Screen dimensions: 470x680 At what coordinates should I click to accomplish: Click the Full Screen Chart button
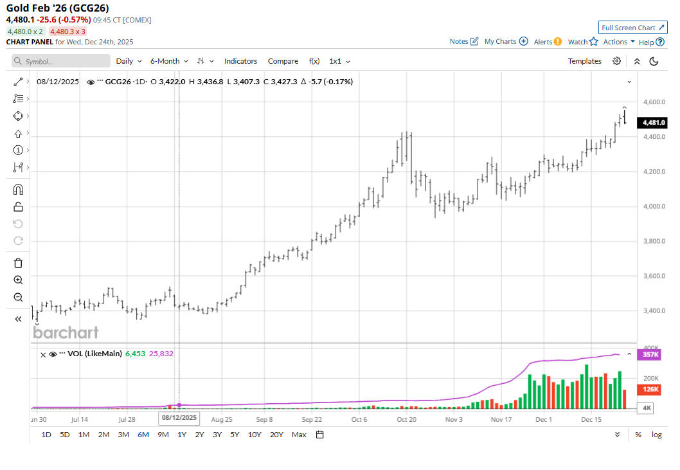coord(633,28)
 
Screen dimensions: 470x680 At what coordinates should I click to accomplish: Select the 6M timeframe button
coord(143,435)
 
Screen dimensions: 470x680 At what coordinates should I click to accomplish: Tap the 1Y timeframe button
coord(182,435)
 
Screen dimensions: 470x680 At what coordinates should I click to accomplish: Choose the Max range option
coord(299,435)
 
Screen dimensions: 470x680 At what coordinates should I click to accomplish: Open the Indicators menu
coord(240,61)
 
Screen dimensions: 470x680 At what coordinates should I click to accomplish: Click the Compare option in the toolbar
coord(283,61)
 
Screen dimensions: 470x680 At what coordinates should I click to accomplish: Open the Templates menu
coord(584,61)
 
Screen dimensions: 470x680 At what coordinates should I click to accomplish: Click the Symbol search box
coord(62,61)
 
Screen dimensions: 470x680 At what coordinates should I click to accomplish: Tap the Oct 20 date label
coord(406,419)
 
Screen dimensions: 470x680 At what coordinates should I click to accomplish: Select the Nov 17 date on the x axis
coord(501,419)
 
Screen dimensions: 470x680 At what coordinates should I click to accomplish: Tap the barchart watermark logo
coord(66,332)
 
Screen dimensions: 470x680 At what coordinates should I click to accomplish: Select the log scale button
coord(656,435)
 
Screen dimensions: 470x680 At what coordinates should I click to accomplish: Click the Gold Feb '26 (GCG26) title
coord(58,8)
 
